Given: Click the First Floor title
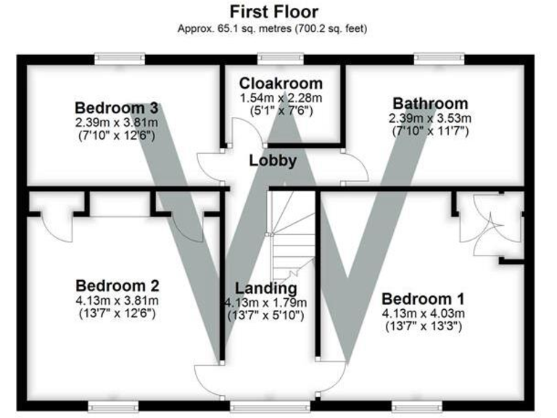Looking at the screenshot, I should [x=273, y=12].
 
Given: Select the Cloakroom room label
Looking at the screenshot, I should [x=281, y=83].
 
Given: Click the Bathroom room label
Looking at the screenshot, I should [x=430, y=103].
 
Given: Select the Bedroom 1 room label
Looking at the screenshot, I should [x=424, y=298].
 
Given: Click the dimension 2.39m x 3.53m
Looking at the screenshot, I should [x=430, y=118].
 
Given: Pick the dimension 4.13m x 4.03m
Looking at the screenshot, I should [x=424, y=313].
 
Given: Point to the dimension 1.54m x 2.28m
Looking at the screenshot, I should [x=281, y=97].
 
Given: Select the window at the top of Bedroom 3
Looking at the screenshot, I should [x=121, y=58].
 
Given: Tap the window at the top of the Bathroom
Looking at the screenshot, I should [x=438, y=58].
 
